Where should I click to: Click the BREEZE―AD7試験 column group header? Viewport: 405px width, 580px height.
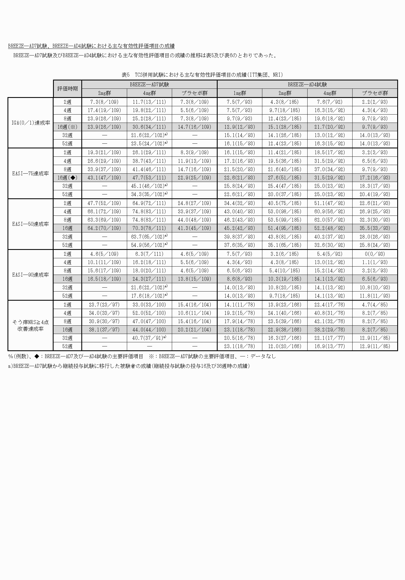click(x=149, y=84)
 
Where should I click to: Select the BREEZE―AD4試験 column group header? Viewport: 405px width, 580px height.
click(x=307, y=84)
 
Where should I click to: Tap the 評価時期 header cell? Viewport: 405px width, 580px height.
click(x=67, y=89)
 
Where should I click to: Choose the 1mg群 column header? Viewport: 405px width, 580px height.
click(x=240, y=93)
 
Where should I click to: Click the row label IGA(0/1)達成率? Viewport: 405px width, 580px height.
click(x=31, y=123)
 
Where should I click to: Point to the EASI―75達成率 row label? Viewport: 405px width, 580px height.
click(x=31, y=173)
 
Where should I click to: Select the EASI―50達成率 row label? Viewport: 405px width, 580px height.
click(x=31, y=224)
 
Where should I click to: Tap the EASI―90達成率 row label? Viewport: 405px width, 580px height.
click(x=31, y=275)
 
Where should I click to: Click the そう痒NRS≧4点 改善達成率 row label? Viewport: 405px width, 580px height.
click(x=31, y=325)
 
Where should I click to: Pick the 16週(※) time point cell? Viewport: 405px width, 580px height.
click(x=67, y=127)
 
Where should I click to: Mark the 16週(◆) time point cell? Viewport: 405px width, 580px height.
click(x=67, y=178)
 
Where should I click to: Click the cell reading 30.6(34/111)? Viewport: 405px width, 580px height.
click(x=149, y=127)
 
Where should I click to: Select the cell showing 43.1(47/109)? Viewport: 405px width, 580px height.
click(x=104, y=178)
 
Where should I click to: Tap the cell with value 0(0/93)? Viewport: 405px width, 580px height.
click(x=375, y=254)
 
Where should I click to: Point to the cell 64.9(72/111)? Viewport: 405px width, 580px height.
click(x=149, y=203)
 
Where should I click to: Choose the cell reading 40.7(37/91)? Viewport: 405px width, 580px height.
click(x=149, y=338)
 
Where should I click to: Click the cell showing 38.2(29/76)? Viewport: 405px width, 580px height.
click(x=330, y=330)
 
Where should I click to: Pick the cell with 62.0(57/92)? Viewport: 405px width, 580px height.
click(x=330, y=220)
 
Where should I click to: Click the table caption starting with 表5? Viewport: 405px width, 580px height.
click(x=202, y=75)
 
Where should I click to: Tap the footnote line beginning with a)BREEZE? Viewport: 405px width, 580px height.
click(x=129, y=366)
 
